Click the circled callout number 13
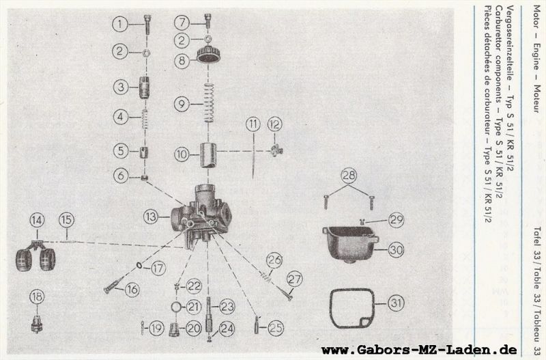(x=151, y=217)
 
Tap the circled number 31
(x=396, y=303)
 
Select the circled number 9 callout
(x=182, y=104)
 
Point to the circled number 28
(x=349, y=176)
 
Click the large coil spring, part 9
(x=209, y=102)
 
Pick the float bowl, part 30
(x=351, y=244)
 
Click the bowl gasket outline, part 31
(x=352, y=308)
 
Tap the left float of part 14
(x=24, y=260)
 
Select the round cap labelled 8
(x=208, y=55)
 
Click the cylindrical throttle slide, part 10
(x=208, y=155)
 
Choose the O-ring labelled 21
(x=176, y=307)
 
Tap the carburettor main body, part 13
(x=201, y=216)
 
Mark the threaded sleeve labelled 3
(x=144, y=88)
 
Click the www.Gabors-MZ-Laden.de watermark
(x=419, y=350)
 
